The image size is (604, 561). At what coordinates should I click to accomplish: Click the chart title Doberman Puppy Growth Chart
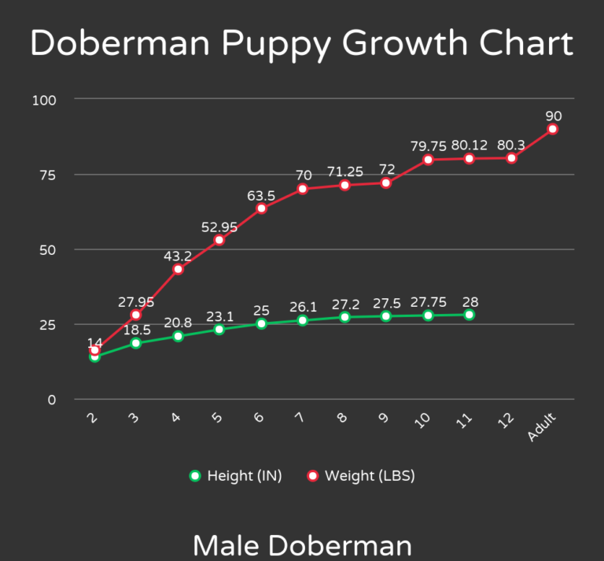tap(302, 43)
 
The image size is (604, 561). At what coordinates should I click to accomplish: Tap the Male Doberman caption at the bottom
tap(302, 544)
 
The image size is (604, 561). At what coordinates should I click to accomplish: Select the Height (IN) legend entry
tap(236, 476)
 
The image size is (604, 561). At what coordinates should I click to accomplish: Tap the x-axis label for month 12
tap(506, 420)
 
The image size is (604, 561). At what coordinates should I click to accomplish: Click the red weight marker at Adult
tap(553, 129)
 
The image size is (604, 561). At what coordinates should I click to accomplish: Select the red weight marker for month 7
tap(303, 189)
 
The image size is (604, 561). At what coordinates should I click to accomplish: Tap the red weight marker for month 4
tap(178, 269)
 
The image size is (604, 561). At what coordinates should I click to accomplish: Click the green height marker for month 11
tap(470, 315)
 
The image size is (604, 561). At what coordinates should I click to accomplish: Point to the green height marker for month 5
tap(219, 330)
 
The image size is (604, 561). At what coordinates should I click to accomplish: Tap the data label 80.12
tap(470, 146)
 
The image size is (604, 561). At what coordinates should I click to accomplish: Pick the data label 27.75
tap(428, 302)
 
